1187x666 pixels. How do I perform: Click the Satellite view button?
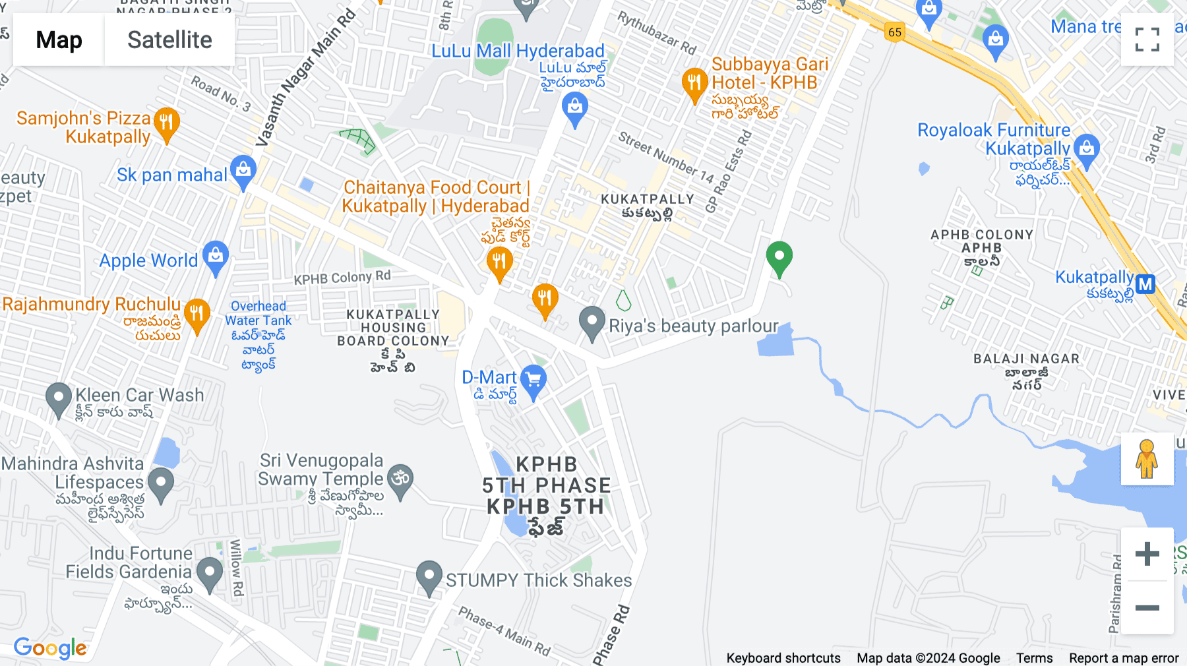(x=169, y=40)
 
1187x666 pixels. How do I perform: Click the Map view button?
(x=59, y=40)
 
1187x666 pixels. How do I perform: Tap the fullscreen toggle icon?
(x=1147, y=40)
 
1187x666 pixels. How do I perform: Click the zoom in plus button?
(x=1147, y=553)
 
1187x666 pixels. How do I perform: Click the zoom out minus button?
(x=1147, y=607)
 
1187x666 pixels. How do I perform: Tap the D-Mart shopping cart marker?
(x=533, y=380)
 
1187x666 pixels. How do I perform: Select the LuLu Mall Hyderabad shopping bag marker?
(x=575, y=107)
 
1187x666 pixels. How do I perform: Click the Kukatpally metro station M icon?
(x=1145, y=284)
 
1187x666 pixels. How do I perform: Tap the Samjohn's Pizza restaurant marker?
(x=167, y=123)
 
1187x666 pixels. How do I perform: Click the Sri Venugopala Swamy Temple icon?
(x=400, y=478)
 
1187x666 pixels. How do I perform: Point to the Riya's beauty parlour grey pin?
(x=592, y=322)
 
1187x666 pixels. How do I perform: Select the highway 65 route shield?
(x=894, y=32)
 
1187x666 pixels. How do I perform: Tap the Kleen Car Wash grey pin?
(x=59, y=398)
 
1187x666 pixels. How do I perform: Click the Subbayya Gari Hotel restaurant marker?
(x=694, y=83)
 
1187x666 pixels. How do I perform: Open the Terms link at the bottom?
(x=1034, y=658)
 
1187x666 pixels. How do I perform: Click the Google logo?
(x=50, y=648)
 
